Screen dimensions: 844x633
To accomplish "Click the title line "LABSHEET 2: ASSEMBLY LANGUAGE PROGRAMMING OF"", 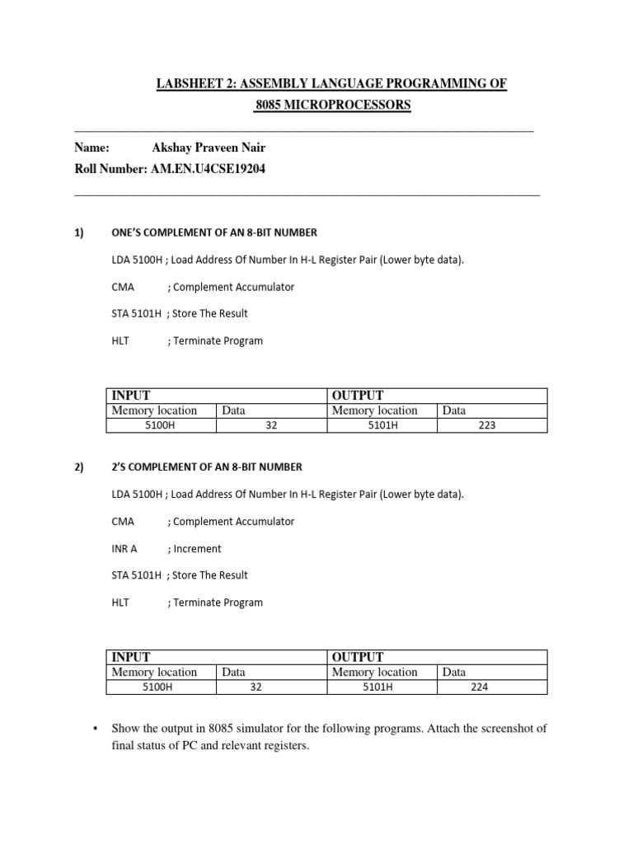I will [331, 84].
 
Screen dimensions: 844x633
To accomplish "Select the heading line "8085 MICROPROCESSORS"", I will [332, 105].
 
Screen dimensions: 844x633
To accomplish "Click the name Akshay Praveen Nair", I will [209, 148].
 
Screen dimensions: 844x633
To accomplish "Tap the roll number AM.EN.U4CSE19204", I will [209, 169].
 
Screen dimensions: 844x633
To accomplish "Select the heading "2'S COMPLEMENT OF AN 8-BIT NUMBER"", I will [207, 467].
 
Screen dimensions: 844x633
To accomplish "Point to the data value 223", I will [486, 425].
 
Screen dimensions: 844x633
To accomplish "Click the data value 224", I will [480, 687].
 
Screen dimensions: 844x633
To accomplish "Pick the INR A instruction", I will [124, 548].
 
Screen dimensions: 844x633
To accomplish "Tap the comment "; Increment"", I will [195, 548].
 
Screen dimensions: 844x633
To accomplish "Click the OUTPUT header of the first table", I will [357, 396].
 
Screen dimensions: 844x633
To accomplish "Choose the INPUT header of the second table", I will [131, 657].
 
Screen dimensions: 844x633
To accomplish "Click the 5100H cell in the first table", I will [160, 425].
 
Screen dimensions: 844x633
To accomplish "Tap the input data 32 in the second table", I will [256, 687].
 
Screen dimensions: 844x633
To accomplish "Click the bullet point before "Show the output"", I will [96, 729].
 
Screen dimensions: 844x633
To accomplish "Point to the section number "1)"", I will [79, 233].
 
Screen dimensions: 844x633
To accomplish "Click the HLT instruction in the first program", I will [120, 340].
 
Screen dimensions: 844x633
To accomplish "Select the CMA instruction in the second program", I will [123, 521].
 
